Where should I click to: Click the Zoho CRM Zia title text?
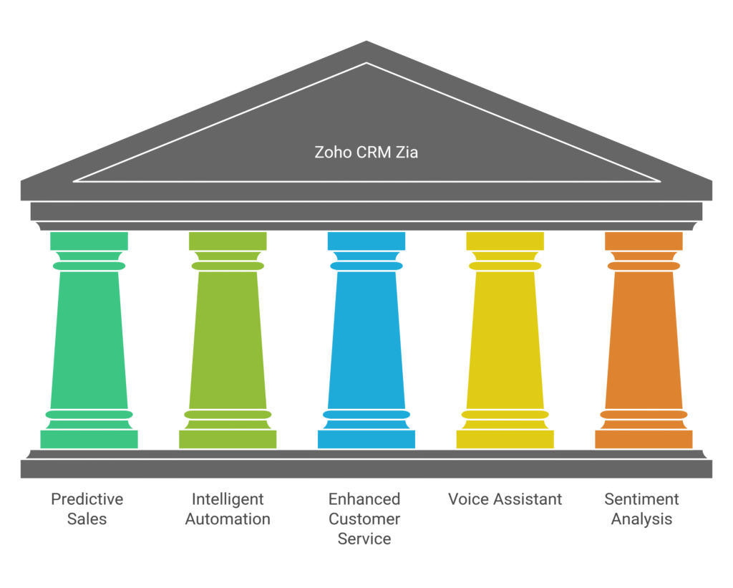366,152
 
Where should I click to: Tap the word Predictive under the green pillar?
87,499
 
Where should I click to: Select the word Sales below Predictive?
87,519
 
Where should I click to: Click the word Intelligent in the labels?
228,499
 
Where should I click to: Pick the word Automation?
228,519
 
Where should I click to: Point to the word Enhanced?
364,499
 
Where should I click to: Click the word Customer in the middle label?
364,519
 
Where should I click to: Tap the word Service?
364,539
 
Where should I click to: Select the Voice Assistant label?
505,499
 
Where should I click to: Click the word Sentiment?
641,499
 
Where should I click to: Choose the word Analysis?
641,519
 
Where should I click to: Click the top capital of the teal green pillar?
89,241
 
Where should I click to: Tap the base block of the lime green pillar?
228,439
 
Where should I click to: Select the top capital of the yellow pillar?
505,241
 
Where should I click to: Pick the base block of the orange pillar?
644,439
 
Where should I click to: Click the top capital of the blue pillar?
366,241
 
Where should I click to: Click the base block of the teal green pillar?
89,439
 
